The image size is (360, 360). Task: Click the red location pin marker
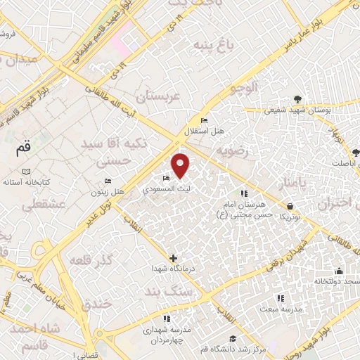point(181,165)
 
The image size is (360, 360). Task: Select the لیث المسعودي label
point(166,189)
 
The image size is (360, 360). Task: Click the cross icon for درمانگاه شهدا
point(174,258)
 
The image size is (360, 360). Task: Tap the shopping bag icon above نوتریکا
point(290,207)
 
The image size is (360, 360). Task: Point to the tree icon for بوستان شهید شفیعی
point(297,99)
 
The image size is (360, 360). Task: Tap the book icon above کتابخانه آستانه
point(26,172)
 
